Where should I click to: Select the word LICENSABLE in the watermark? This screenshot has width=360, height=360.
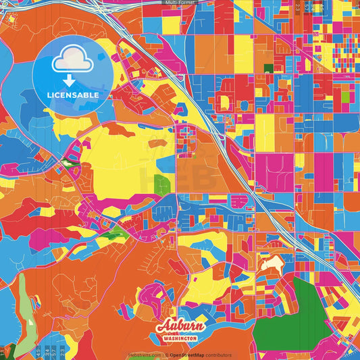73,94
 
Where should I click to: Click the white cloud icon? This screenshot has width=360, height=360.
73,61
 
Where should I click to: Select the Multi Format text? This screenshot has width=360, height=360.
180,3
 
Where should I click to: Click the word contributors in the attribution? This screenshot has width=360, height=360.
219,355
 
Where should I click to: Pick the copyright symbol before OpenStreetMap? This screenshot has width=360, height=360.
167,355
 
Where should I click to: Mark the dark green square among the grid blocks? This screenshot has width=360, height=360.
268,69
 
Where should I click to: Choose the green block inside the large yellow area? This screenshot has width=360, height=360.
162,184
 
